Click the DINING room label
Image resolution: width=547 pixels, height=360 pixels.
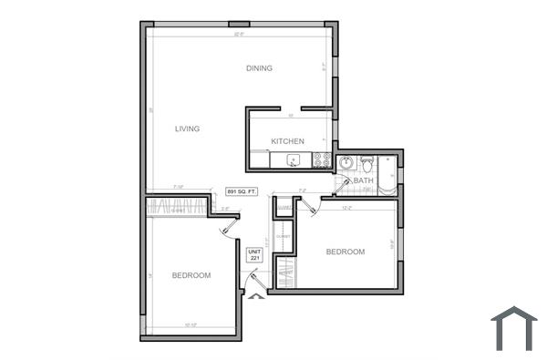260,68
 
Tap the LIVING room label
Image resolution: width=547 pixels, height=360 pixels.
187,129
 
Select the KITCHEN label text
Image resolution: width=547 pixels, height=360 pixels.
287,140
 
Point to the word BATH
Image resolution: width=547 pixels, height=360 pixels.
364,180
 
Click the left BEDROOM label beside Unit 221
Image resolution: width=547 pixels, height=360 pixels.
191,275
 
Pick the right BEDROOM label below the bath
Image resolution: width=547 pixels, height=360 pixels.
346,252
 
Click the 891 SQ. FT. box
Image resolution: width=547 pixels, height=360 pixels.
243,191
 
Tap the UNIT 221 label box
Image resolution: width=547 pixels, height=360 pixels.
254,255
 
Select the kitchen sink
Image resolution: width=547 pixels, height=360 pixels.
294,161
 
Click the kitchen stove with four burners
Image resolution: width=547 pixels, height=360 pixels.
321,160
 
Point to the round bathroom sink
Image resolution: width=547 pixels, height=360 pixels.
346,163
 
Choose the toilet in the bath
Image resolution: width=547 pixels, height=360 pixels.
366,164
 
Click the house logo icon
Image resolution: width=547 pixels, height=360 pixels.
514,328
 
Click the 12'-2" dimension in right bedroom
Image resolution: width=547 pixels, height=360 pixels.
346,208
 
